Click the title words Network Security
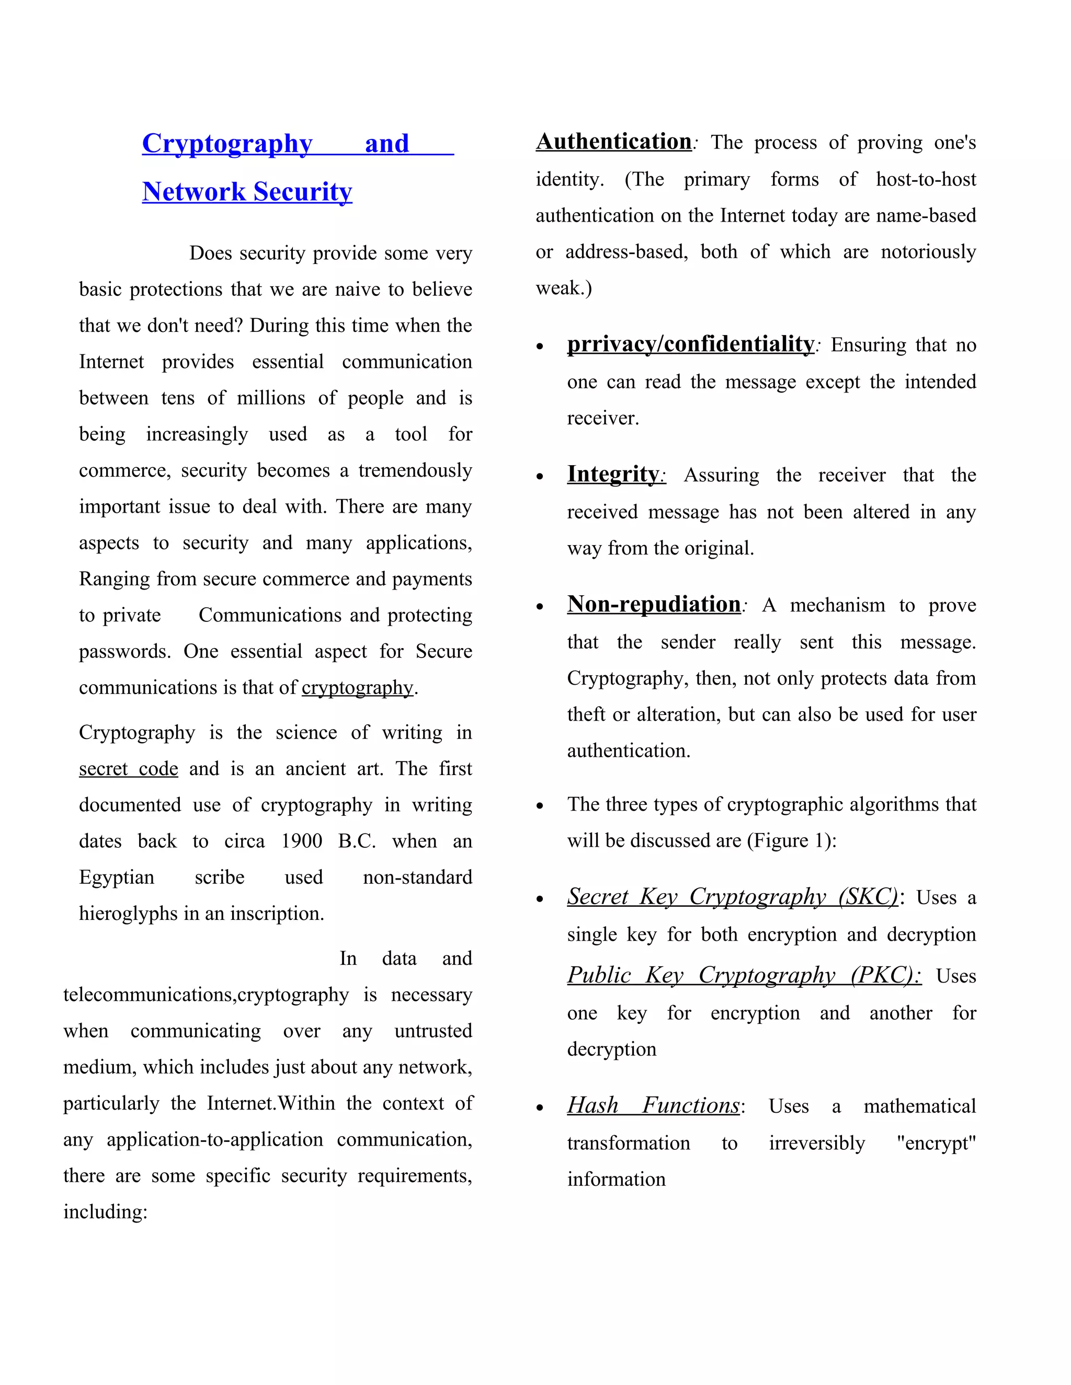(x=247, y=191)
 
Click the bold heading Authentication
(x=613, y=142)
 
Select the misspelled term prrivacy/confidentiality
(x=690, y=344)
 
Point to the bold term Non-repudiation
(x=654, y=604)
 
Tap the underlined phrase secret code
(x=128, y=769)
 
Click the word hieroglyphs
(x=128, y=913)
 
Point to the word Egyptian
(x=116, y=877)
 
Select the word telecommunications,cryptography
(x=206, y=995)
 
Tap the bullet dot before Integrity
(x=540, y=476)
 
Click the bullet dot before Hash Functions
(x=540, y=1108)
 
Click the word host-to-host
(x=926, y=179)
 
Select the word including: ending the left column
(x=105, y=1212)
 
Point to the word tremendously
(x=415, y=470)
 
